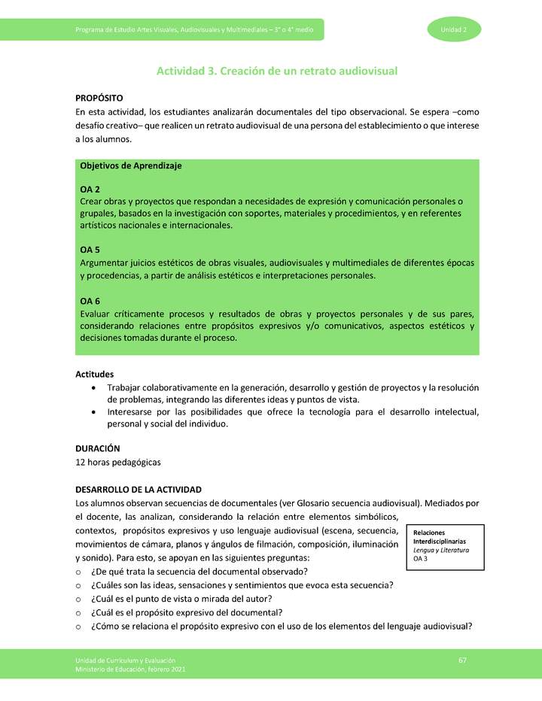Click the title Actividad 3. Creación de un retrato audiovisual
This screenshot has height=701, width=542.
click(276, 71)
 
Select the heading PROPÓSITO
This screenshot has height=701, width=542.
click(99, 99)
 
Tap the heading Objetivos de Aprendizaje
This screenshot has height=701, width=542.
click(130, 165)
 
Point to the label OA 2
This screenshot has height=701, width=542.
click(90, 190)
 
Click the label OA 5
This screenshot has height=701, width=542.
click(90, 250)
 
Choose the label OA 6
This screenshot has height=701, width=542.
click(90, 301)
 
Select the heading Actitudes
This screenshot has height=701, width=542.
click(95, 374)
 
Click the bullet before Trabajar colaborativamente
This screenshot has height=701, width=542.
click(92, 387)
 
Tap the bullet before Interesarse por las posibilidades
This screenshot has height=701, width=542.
click(92, 412)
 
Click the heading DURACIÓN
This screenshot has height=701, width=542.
click(98, 448)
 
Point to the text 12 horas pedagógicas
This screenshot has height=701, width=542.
click(118, 461)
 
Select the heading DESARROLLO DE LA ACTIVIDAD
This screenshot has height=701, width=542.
click(138, 490)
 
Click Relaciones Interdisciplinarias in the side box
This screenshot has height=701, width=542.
click(440, 536)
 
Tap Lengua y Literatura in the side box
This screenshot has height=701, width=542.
click(441, 550)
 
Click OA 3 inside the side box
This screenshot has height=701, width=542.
click(421, 559)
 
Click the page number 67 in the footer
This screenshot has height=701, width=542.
click(463, 660)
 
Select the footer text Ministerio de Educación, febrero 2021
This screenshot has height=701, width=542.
click(130, 669)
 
